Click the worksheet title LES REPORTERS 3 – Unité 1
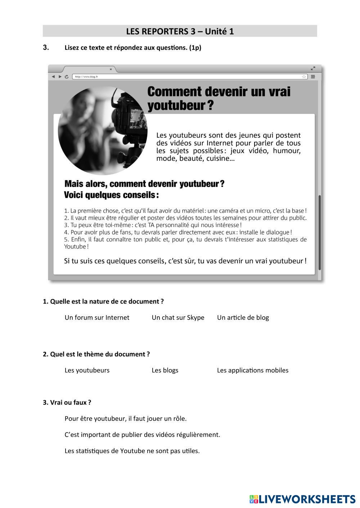click(x=180, y=31)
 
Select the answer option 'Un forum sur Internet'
click(x=97, y=317)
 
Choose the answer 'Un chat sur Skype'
click(x=178, y=317)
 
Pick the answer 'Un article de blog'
click(x=243, y=317)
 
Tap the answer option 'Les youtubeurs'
click(x=87, y=370)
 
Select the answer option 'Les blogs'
click(x=165, y=370)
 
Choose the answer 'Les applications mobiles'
click(x=253, y=370)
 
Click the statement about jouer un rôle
click(x=126, y=418)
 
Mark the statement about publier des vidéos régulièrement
click(x=142, y=435)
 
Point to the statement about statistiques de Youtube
click(x=132, y=451)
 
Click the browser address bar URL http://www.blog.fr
click(x=86, y=77)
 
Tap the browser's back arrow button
click(x=53, y=77)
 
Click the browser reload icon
click(x=67, y=77)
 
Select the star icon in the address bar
click(x=304, y=77)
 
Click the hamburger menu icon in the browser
click(x=313, y=77)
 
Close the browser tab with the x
click(x=111, y=69)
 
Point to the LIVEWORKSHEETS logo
click(x=302, y=499)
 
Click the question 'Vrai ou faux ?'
click(x=67, y=402)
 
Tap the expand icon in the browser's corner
click(x=313, y=68)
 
